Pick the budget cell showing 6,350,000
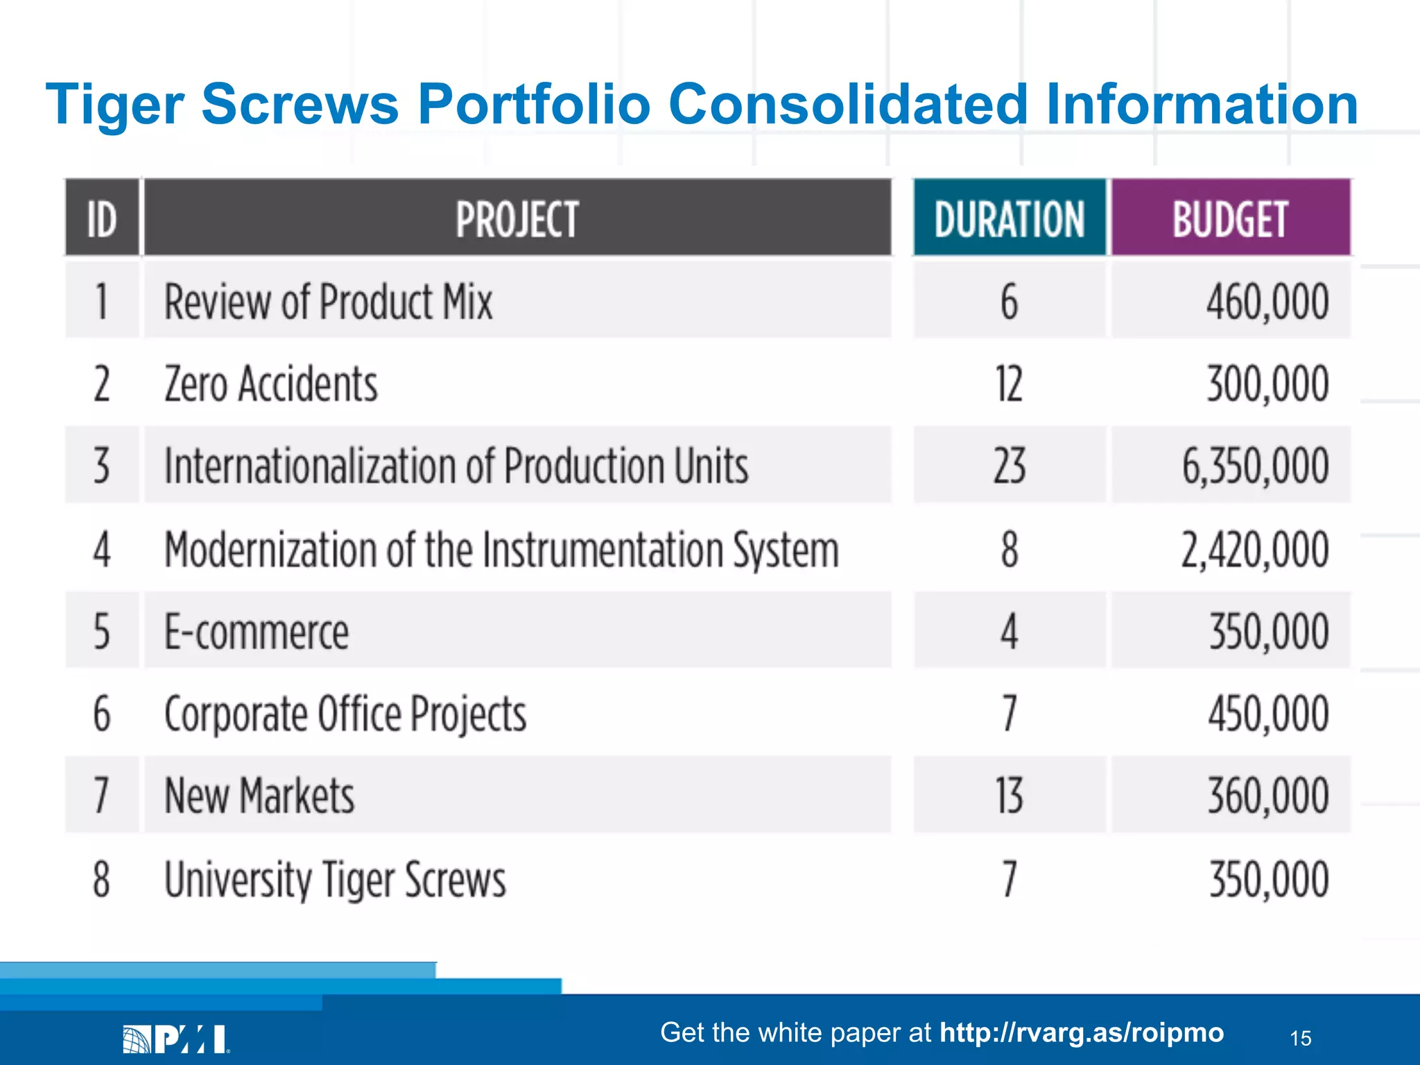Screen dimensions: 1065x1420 pos(1255,466)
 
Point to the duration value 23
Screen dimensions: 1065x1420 pos(1009,466)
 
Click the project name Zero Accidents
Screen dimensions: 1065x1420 pos(271,384)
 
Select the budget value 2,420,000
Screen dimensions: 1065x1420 pos(1255,549)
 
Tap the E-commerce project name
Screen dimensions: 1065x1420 pos(257,632)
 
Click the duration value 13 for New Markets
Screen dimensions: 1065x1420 pos(1009,795)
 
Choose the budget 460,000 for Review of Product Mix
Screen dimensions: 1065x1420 pos(1267,302)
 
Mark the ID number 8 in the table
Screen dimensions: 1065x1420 pos(102,878)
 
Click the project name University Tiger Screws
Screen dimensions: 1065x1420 pos(335,878)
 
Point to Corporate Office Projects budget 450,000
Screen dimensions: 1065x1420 pos(1267,714)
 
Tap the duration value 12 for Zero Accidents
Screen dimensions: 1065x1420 pos(1009,384)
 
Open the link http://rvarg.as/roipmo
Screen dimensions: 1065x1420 pos(1082,1032)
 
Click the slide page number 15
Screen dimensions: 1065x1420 pos(1301,1038)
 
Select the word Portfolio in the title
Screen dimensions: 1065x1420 pos(534,104)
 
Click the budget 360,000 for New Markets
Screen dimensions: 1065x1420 pos(1267,795)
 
